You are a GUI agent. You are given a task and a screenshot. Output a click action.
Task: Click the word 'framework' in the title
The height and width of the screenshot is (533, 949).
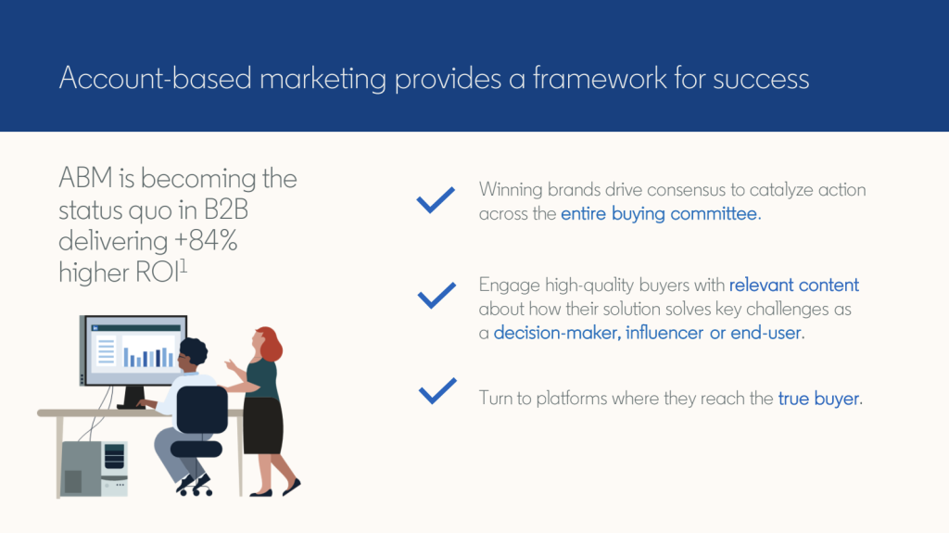[x=600, y=78]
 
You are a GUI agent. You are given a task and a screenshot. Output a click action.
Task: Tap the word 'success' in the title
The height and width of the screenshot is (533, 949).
[x=761, y=80]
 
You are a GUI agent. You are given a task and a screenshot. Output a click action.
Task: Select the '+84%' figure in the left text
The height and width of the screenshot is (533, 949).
[x=206, y=240]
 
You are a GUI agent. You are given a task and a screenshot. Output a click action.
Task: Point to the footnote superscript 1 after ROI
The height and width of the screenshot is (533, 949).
[x=184, y=267]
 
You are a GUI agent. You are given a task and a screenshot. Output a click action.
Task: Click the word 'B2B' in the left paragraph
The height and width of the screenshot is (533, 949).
[x=226, y=209]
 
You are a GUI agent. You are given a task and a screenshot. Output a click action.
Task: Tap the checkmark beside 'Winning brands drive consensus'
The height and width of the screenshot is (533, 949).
[x=436, y=199]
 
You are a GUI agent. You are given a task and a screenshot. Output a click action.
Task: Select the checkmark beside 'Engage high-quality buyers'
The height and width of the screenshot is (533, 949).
[x=437, y=295]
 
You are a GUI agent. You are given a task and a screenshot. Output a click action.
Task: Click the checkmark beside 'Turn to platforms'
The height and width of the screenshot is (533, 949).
[x=437, y=390]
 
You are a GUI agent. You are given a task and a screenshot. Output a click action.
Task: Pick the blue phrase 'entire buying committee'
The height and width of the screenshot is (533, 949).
[x=659, y=214]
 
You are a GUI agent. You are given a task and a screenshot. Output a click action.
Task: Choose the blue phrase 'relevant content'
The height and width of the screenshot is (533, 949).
[x=794, y=285]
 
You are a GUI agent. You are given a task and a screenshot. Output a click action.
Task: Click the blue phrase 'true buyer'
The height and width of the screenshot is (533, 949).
[x=819, y=399]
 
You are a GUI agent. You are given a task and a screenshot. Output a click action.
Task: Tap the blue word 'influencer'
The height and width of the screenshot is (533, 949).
[x=664, y=333]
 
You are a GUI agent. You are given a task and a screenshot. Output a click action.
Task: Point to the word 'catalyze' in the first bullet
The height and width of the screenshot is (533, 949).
[x=781, y=190]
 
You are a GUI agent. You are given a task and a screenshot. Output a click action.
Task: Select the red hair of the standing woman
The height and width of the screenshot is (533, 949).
[x=270, y=343]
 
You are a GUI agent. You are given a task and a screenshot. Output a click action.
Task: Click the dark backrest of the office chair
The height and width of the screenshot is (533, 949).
[x=201, y=410]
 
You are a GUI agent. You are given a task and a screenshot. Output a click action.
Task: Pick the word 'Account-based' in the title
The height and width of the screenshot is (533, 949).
[x=155, y=78]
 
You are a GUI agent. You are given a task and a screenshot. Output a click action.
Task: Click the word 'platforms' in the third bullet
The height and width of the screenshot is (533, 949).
[x=572, y=399]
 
